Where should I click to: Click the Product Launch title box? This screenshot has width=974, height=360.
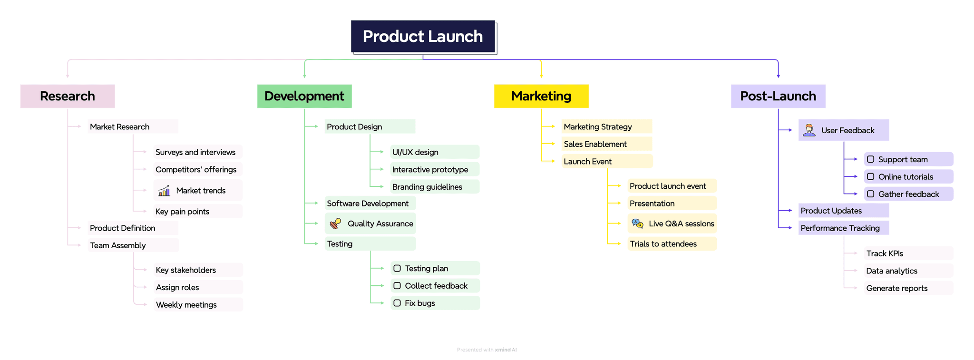(423, 37)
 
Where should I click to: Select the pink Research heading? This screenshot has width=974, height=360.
(68, 96)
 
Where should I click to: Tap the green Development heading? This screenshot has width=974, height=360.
(304, 96)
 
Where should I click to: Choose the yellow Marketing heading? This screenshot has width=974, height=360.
(541, 96)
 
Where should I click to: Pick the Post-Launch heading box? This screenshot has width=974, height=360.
(778, 96)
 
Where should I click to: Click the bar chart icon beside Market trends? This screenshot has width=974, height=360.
(164, 191)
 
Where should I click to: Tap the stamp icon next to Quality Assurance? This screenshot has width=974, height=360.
(336, 224)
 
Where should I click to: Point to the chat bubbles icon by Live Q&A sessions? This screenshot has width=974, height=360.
(637, 224)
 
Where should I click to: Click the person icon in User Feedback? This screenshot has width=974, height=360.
(809, 130)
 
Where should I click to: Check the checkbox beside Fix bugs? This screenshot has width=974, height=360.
(397, 303)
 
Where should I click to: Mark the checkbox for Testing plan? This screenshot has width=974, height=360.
(397, 268)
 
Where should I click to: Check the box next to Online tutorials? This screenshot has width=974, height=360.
(871, 176)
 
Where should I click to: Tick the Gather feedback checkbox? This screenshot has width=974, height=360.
(871, 194)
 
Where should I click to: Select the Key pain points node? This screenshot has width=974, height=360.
(183, 212)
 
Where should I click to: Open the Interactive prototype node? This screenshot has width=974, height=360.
(430, 170)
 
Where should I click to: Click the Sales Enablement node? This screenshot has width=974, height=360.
(595, 144)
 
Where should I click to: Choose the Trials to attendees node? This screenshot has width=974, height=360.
(663, 244)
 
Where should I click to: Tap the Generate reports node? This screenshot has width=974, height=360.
(896, 288)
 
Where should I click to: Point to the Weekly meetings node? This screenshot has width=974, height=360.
(186, 305)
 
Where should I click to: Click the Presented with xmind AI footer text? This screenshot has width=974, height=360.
(487, 350)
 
